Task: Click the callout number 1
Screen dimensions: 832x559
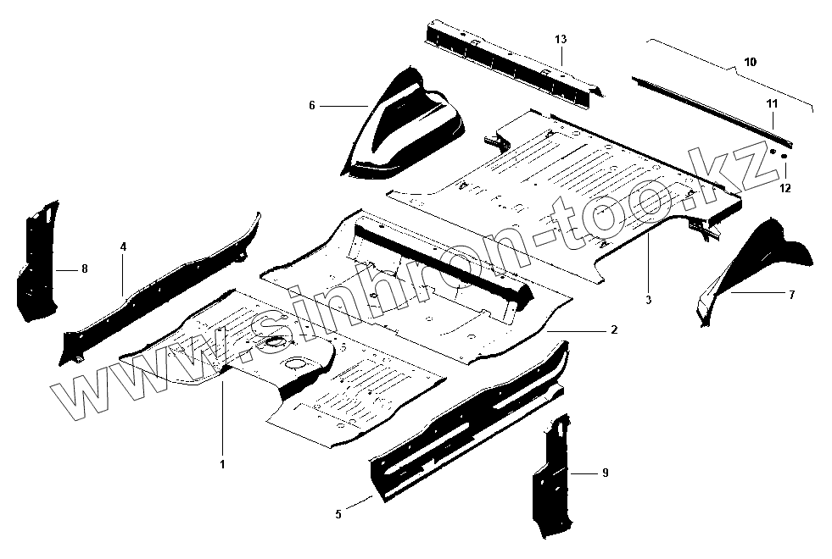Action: pos(222,464)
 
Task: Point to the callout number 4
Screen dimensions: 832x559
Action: pos(123,246)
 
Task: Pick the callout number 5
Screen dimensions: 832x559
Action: pos(338,513)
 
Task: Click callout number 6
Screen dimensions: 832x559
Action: pos(312,105)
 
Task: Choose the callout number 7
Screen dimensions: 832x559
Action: pos(790,294)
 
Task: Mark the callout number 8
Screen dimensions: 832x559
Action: pos(84,268)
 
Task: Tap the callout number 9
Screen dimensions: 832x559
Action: pos(605,472)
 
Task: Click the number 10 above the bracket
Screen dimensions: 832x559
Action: pos(750,62)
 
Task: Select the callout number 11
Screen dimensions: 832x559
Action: pos(773,103)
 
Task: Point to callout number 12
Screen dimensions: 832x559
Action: pos(785,188)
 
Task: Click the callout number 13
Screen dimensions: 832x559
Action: pos(561,40)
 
